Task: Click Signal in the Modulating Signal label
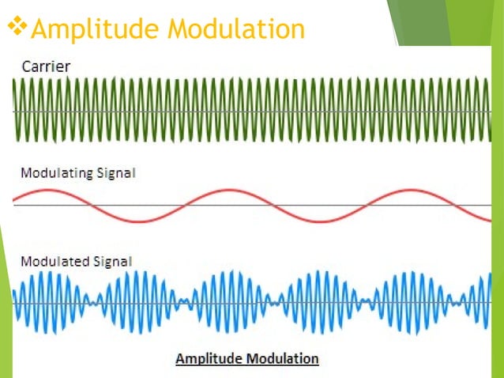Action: coord(117,172)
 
